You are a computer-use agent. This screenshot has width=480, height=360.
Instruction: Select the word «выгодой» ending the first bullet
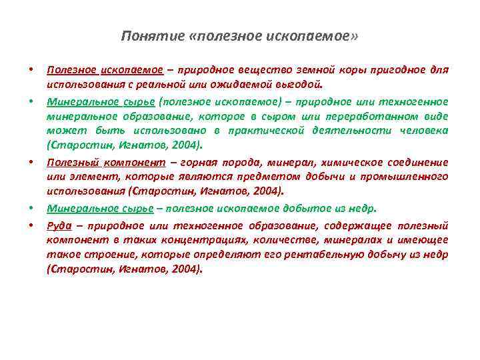(x=301, y=85)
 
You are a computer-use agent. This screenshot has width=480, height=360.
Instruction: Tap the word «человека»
(x=423, y=131)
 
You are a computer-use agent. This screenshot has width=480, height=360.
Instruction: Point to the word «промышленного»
(x=407, y=177)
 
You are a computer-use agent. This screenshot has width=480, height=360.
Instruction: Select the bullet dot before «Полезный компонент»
(x=31, y=162)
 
